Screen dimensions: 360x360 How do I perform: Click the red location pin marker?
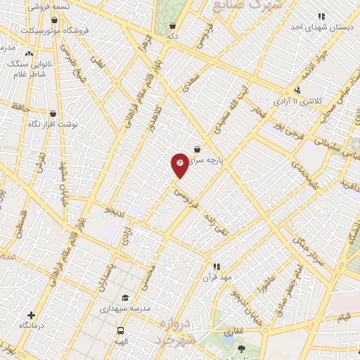pos(180,164)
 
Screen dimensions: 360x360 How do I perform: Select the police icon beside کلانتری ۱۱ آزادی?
pos(298,90)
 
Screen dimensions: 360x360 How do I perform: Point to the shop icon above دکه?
pos(172,26)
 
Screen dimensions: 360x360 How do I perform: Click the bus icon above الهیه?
pos(120,330)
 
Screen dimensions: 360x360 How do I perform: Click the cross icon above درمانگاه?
pos(30,316)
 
